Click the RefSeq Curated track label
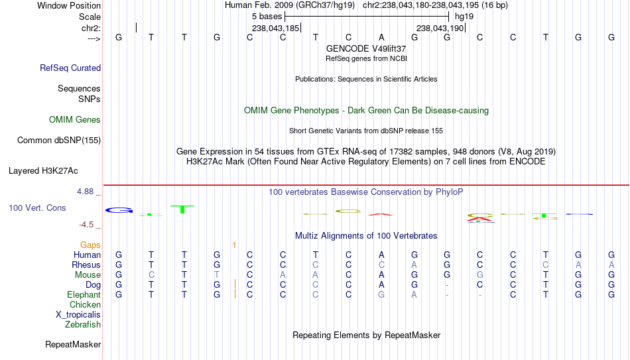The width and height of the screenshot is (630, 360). point(70,68)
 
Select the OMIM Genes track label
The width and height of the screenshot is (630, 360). point(75,120)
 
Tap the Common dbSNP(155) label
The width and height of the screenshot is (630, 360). point(59,141)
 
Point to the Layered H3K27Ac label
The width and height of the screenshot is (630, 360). point(43,171)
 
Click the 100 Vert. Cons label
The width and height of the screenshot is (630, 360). point(37,208)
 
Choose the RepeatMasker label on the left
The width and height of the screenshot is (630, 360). point(73,344)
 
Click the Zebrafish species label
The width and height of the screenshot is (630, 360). point(83,324)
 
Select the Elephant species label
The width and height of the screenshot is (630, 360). point(84,294)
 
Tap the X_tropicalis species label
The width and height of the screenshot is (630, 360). point(78,315)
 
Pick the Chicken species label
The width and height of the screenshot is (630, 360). point(85,304)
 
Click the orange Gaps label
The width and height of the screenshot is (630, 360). point(90,245)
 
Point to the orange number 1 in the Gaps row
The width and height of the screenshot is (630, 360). point(234,245)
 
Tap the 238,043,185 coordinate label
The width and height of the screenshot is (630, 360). point(276,28)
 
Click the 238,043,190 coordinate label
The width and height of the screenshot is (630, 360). point(440,28)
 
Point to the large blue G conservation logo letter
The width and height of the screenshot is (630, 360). point(119,210)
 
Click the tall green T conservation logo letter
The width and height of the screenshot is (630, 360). point(182,210)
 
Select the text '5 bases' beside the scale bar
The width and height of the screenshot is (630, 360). point(267,17)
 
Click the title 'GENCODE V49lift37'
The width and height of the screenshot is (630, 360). point(366,48)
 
